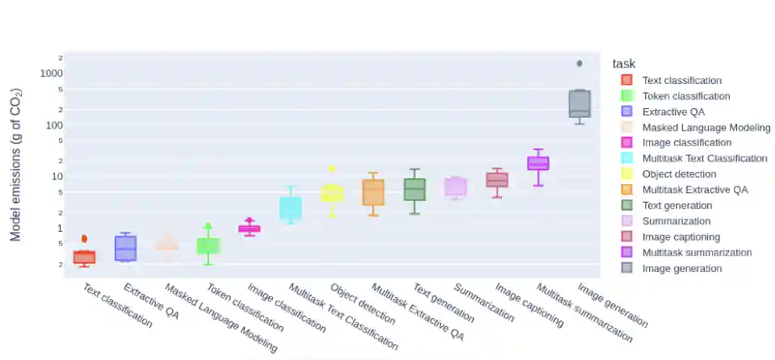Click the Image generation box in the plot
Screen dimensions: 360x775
pyautogui.click(x=580, y=104)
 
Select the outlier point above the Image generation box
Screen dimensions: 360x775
pyautogui.click(x=580, y=63)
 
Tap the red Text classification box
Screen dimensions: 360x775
pyautogui.click(x=84, y=257)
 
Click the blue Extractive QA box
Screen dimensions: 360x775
pyautogui.click(x=125, y=248)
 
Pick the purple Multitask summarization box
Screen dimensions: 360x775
pyautogui.click(x=538, y=163)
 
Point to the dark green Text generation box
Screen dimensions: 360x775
pyautogui.click(x=414, y=190)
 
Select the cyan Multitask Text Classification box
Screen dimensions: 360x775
pyautogui.click(x=291, y=207)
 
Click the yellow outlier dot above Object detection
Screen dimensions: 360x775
pyautogui.click(x=332, y=169)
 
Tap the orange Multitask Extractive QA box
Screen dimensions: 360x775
pyautogui.click(x=373, y=193)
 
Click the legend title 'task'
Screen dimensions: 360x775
pyautogui.click(x=624, y=64)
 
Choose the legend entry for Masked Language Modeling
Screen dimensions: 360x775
pyautogui.click(x=706, y=128)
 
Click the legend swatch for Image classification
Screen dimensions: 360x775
pyautogui.click(x=626, y=143)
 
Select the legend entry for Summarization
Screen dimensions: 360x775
pyautogui.click(x=676, y=221)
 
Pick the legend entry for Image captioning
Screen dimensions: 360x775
pyautogui.click(x=681, y=237)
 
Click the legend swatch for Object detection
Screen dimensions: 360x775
pyautogui.click(x=626, y=174)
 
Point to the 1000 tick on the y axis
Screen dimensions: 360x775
pyautogui.click(x=52, y=73)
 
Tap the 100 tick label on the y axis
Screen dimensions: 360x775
pyautogui.click(x=54, y=124)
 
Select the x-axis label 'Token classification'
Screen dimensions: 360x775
pyautogui.click(x=245, y=308)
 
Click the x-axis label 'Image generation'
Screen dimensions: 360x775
pyautogui.click(x=613, y=304)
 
